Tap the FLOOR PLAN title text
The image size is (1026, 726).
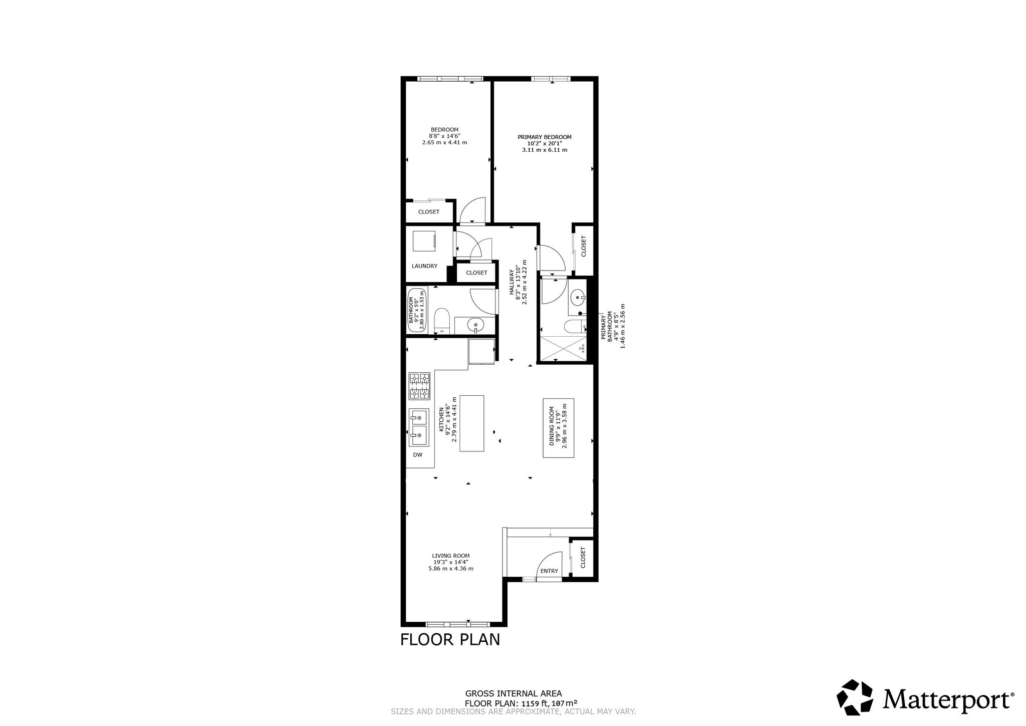coord(450,640)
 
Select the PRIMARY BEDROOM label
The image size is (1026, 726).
coord(545,137)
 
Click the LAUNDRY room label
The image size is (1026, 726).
coord(424,266)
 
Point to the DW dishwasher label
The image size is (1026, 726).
coord(417,455)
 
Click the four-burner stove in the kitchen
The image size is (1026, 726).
coord(420,386)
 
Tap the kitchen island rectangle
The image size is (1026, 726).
coord(472,424)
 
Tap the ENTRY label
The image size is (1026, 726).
coord(549,571)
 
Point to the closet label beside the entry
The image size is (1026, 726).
coord(583,557)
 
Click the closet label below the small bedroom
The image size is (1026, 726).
coord(429,212)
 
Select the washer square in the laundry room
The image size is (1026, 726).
coord(425,241)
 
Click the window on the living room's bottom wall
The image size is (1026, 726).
coord(457,624)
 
